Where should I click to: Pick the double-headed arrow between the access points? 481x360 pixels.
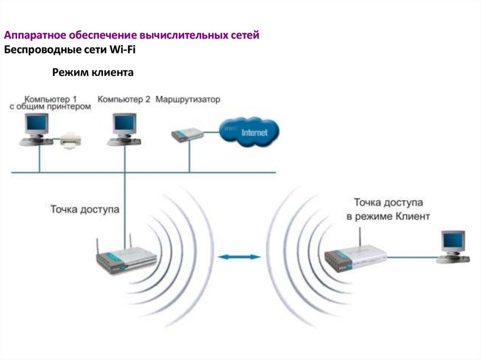point(240,257)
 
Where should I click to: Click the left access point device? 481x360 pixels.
point(126,260)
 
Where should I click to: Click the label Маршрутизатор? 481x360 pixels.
point(187,100)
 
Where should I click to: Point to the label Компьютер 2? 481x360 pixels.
point(124,100)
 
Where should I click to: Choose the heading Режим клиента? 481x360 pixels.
point(93,72)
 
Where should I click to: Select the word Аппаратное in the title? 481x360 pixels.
point(35,36)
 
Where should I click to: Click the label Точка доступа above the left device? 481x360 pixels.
point(85,209)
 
